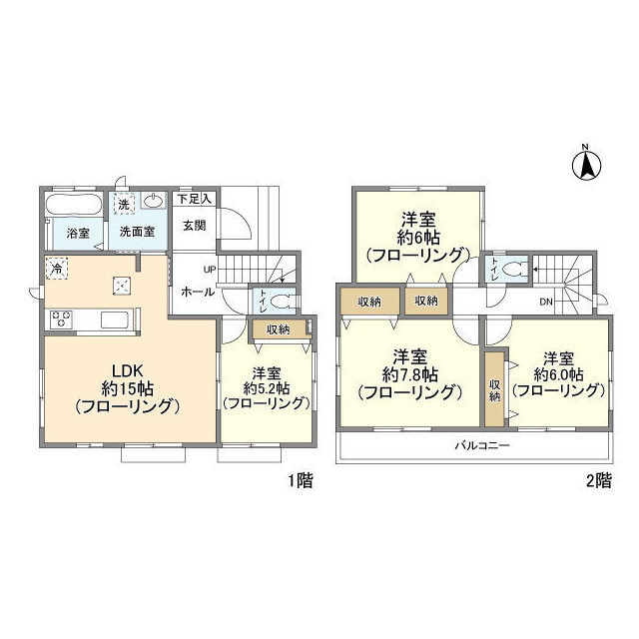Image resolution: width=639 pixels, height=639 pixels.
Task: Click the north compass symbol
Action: [586, 164]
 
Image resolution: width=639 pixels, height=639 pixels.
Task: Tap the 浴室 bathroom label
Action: [78, 233]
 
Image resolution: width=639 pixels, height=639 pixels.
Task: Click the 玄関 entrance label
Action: [194, 225]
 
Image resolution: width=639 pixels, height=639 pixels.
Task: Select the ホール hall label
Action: [193, 293]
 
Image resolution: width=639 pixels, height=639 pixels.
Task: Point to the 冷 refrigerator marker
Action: [57, 268]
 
